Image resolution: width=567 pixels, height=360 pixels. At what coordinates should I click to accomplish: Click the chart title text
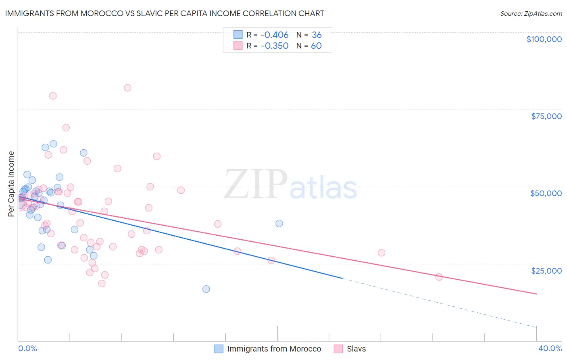165,13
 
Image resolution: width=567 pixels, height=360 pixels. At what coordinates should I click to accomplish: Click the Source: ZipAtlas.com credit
531,14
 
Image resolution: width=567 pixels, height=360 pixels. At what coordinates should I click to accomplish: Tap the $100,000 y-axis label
544,39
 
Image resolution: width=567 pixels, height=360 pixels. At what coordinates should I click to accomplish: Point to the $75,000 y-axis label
546,116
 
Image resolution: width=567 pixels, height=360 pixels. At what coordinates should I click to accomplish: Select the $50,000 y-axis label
546,193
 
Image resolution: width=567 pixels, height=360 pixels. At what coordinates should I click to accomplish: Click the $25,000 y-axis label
546,270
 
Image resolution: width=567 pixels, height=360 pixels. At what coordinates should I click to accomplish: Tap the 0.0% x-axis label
27,348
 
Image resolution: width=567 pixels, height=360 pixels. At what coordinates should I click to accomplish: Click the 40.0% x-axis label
550,348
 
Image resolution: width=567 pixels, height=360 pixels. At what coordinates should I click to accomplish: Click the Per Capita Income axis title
11,184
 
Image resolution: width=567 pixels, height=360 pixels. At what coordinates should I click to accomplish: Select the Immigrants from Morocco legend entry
274,349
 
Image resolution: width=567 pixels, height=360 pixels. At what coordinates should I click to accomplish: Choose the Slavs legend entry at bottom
356,349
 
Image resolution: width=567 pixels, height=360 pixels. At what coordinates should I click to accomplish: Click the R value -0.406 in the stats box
275,35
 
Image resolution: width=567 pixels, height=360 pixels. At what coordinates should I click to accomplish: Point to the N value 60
316,46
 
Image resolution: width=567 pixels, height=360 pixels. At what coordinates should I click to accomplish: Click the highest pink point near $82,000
127,88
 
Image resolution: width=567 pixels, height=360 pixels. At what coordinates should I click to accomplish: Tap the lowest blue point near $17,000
206,289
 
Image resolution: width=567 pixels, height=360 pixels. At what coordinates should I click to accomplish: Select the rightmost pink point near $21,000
439,277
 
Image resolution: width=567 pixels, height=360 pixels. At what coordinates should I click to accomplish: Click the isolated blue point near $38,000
279,224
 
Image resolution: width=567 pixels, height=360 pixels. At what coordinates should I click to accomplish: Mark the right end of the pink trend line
536,294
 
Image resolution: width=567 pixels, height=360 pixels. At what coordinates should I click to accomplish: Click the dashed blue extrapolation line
440,303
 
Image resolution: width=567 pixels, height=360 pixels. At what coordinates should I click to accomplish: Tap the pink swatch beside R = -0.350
238,46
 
